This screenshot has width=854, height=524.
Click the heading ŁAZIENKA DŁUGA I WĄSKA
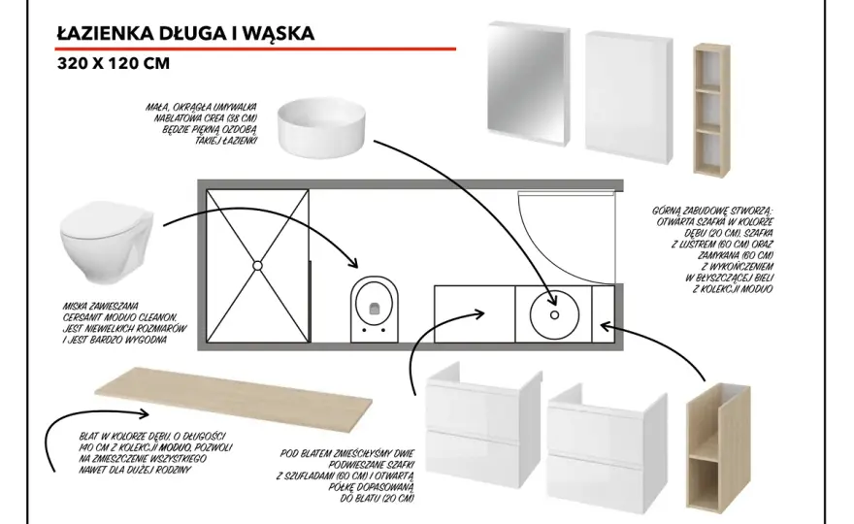[x=185, y=33]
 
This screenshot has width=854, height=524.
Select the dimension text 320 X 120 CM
[x=114, y=63]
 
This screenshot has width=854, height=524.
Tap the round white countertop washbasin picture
[x=321, y=127]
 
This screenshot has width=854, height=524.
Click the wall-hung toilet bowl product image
[x=107, y=242]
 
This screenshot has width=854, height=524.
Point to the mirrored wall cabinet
[x=528, y=83]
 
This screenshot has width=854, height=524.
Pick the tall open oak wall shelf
[x=711, y=110]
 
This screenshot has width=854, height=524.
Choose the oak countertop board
[x=234, y=401]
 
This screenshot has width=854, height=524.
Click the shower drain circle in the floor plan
[x=257, y=266]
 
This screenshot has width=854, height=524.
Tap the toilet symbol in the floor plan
[x=375, y=309]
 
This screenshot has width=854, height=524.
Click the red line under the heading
[x=255, y=49]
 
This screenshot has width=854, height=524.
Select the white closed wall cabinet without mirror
[x=629, y=97]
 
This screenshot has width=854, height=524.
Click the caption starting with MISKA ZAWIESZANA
[x=124, y=323]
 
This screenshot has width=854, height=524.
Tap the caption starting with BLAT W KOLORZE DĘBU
[x=155, y=453]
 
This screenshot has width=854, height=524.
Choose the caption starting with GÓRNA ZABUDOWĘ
[x=713, y=250]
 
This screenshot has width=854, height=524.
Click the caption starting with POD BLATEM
[x=345, y=475]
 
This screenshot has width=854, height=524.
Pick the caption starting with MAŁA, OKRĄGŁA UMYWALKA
[x=201, y=123]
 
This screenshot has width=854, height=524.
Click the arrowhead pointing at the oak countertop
[x=143, y=414]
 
